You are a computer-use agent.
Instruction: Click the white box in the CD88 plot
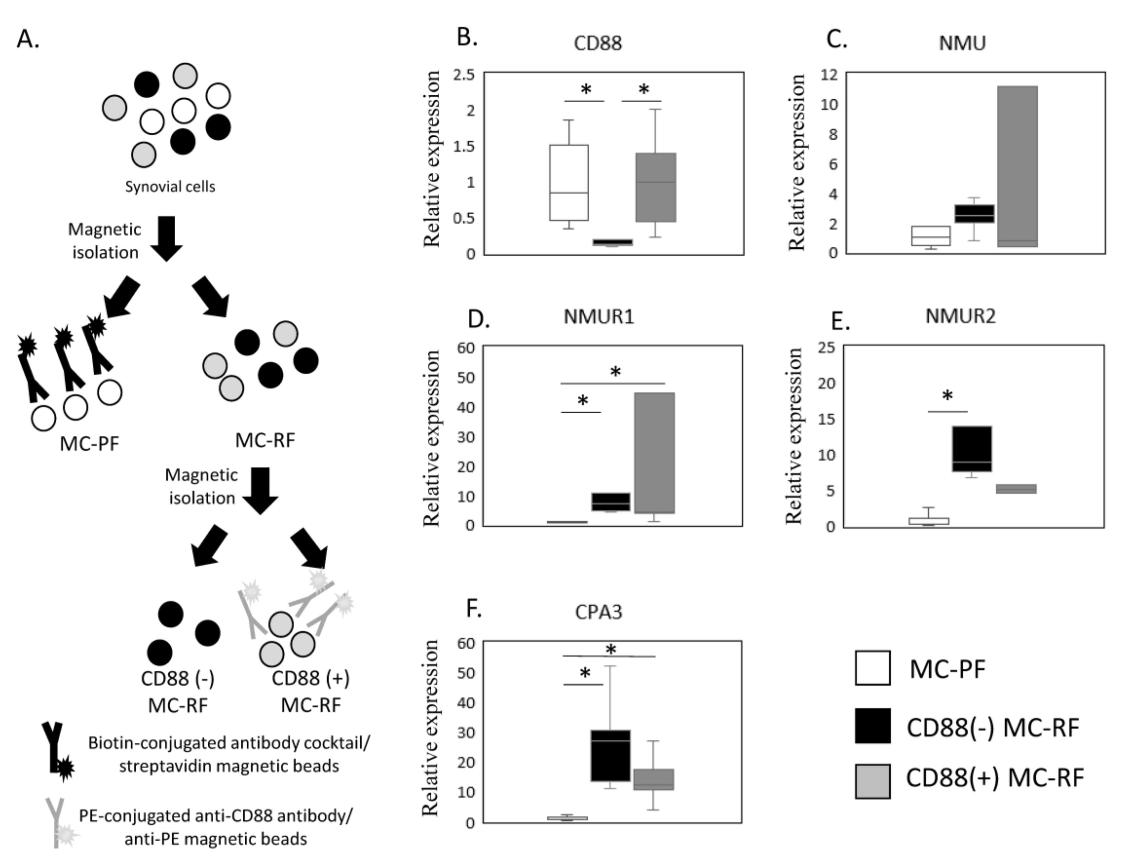click(x=569, y=183)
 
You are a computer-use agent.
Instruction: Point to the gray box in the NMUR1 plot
click(x=654, y=453)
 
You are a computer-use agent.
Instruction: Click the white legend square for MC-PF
click(x=872, y=668)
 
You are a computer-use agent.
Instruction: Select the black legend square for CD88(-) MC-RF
click(x=872, y=726)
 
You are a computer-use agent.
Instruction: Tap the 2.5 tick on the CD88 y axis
click(x=464, y=75)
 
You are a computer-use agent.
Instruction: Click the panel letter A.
click(x=28, y=39)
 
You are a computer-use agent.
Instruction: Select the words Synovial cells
click(x=170, y=187)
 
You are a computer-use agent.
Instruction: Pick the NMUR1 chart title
click(x=599, y=316)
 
